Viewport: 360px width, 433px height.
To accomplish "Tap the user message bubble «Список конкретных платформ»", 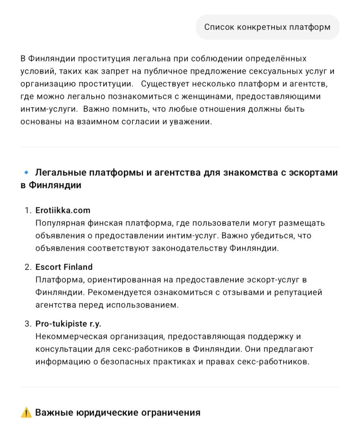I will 267,27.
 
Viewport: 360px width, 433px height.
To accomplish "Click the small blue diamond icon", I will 26,173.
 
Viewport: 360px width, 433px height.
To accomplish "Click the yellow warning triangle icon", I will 26,413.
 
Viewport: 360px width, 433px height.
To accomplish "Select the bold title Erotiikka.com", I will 63,210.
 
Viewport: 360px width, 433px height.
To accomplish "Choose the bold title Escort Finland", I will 64,267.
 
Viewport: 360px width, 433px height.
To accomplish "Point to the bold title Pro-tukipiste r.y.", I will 68,324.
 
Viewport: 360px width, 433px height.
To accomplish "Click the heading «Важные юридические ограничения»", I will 118,413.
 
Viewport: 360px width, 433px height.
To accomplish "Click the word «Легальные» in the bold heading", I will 60,173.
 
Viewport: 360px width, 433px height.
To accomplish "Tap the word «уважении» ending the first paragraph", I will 192,122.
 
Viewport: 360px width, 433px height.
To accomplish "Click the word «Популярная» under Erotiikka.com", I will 59,223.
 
